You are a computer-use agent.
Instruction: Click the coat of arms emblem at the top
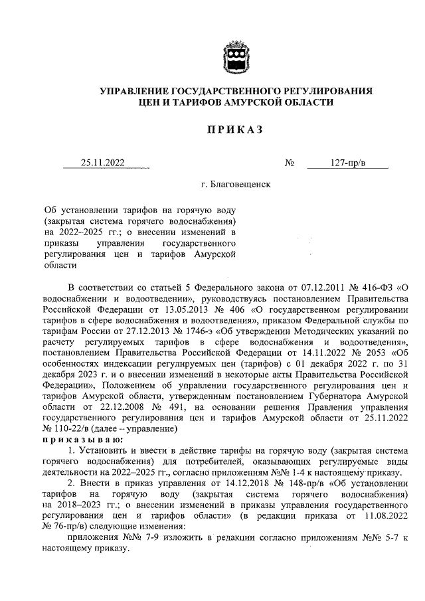coord(234,57)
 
